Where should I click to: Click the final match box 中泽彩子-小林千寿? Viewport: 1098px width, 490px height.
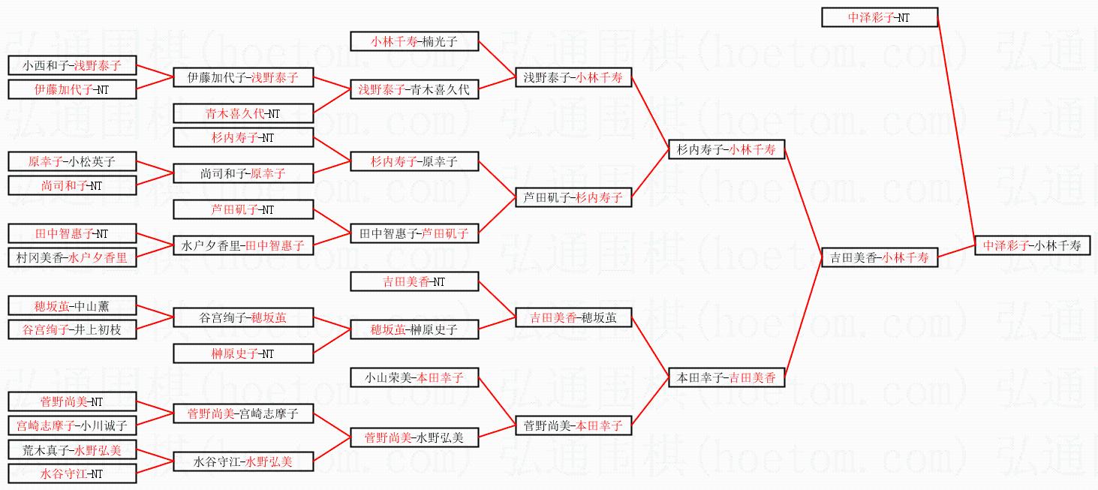tap(1032, 245)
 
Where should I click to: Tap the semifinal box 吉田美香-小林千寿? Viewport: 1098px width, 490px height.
tap(879, 257)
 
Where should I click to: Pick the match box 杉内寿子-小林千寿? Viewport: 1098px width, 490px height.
tap(726, 149)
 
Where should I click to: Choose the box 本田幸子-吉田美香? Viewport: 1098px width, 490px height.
tap(726, 377)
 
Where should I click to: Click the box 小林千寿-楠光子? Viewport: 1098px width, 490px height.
tap(414, 41)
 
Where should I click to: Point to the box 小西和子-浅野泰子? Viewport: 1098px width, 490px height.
tap(72, 65)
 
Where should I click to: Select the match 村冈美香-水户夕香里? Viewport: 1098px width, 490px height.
tap(72, 257)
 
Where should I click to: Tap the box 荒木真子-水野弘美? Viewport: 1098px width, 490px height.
tap(72, 449)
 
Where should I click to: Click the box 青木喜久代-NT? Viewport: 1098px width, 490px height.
tap(243, 113)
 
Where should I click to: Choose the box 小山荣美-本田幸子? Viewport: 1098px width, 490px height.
tap(414, 377)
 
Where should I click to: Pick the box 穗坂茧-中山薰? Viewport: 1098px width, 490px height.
tap(72, 305)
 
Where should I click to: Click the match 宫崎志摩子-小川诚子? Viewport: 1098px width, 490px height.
tap(72, 425)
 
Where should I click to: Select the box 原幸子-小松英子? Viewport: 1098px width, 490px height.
tap(72, 161)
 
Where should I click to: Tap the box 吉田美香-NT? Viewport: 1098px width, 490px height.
tap(414, 281)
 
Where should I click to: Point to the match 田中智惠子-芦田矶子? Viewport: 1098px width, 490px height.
tap(414, 233)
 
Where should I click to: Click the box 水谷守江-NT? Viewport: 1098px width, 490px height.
tap(72, 473)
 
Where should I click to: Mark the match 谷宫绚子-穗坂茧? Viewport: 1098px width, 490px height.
tap(243, 317)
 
